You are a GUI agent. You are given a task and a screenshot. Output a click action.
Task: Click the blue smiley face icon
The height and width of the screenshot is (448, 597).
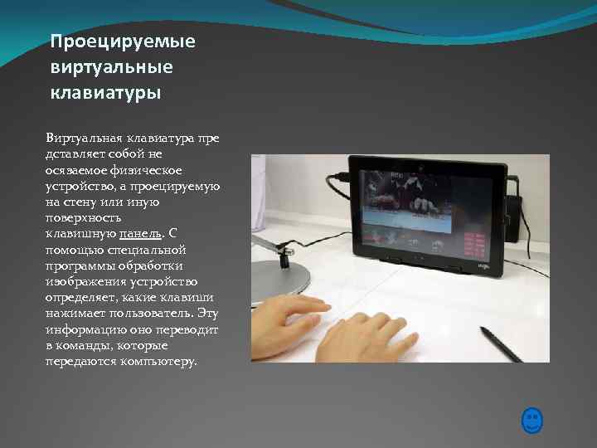[x=532, y=421]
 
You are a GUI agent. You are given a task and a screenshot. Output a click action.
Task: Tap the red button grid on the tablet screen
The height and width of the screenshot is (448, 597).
[x=475, y=243]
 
